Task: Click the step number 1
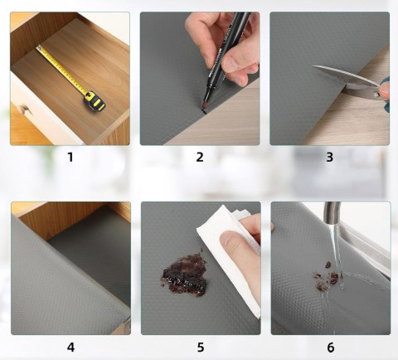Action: (70, 157)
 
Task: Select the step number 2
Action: (200, 157)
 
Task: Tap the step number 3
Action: (329, 157)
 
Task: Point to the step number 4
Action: (70, 347)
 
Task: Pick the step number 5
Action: (201, 347)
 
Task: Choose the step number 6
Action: (331, 347)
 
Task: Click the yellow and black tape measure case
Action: (95, 102)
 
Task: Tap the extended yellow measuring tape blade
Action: (62, 68)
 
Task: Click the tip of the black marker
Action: (205, 110)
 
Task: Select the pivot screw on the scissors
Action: (376, 95)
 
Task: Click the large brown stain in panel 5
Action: (184, 275)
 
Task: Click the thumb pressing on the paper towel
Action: (235, 243)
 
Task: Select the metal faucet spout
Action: (332, 214)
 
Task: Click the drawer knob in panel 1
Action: (24, 109)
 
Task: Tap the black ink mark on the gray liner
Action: (204, 112)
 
